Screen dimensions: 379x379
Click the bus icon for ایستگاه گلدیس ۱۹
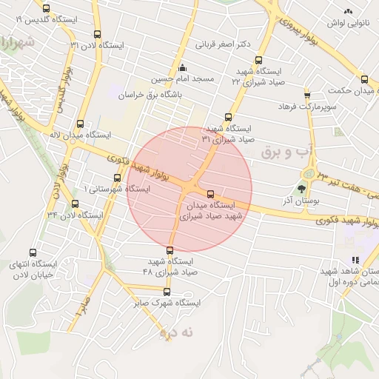(x=47, y=9)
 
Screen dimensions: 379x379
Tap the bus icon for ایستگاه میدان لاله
(x=80, y=124)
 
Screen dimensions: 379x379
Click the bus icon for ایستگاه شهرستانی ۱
(x=118, y=178)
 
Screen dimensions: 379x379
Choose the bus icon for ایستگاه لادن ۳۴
(x=75, y=204)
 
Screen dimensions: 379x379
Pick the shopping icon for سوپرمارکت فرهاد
(x=307, y=95)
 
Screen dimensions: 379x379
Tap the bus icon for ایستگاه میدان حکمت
(x=364, y=79)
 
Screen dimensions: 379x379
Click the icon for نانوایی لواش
(x=348, y=11)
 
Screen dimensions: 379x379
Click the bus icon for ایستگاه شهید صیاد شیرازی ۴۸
(x=171, y=250)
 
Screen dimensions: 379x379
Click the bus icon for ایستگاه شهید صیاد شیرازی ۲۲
(x=258, y=61)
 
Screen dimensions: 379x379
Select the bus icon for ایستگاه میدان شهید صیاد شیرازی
(x=212, y=193)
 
